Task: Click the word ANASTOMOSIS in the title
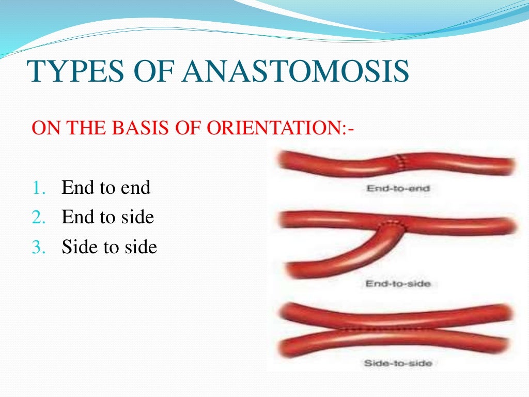(x=295, y=71)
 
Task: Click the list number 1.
(x=38, y=188)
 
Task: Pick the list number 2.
(x=38, y=218)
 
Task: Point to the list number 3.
(x=38, y=248)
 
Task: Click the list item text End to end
(x=106, y=187)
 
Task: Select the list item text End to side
(x=107, y=217)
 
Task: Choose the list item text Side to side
(x=109, y=247)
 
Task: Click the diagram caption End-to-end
(x=398, y=189)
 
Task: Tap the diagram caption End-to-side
(x=398, y=284)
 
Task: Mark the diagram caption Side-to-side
(x=398, y=363)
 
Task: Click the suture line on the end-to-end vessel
(x=399, y=161)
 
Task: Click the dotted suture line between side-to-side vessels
(x=382, y=328)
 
